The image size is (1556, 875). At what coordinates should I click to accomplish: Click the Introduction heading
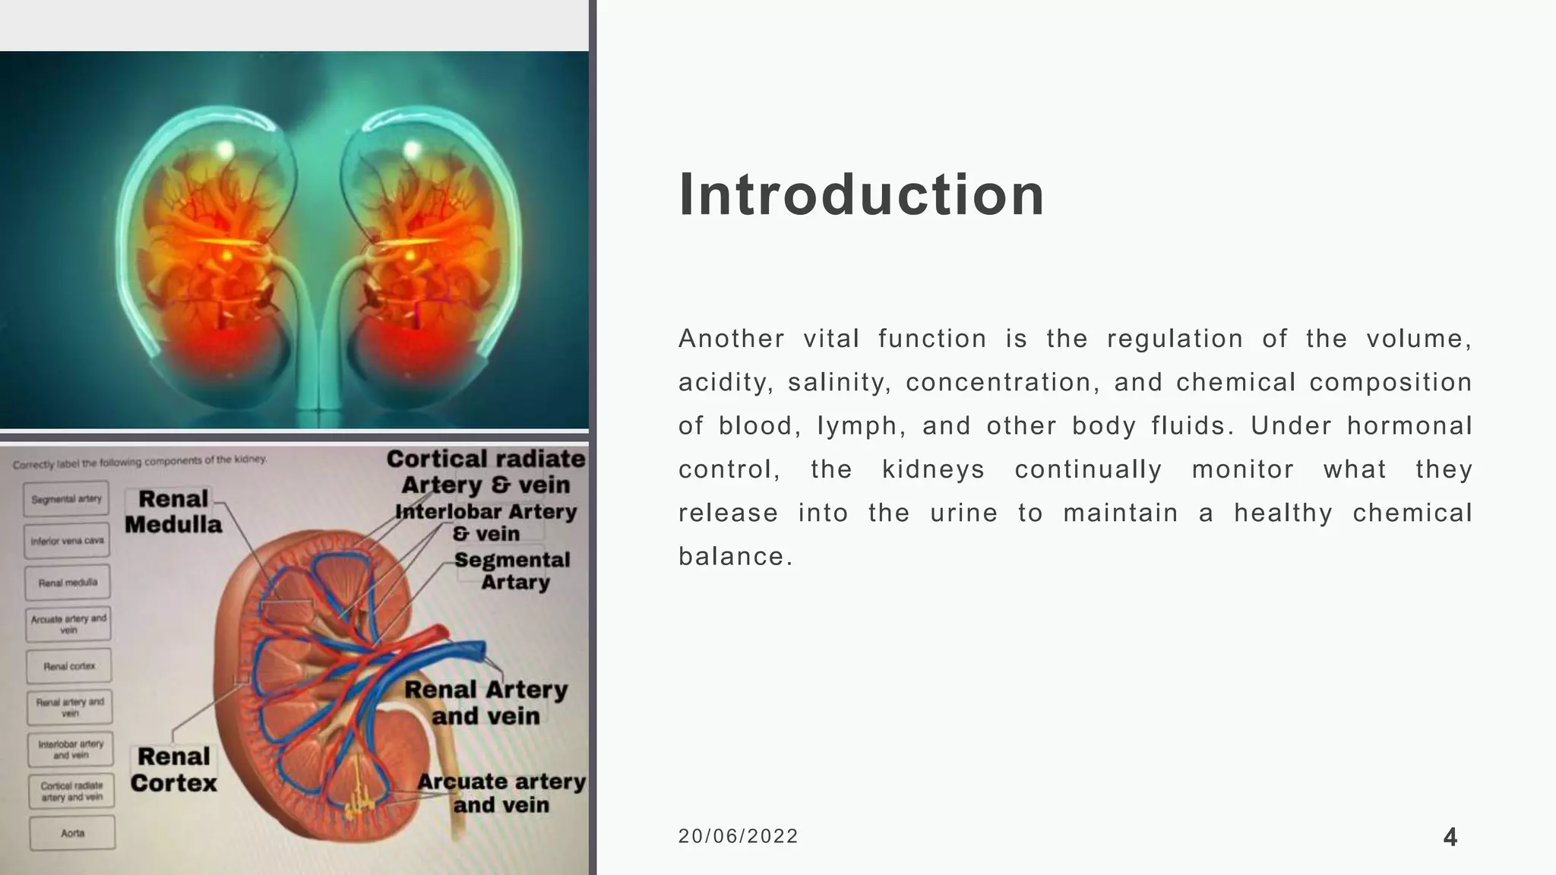coord(861,194)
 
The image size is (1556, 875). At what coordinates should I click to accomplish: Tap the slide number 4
coord(1450,838)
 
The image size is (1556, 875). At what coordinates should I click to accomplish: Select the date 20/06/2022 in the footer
coord(738,836)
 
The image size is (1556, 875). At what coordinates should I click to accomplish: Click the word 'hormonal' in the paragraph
coord(1409,425)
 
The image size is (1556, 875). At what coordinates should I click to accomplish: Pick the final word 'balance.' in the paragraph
coord(735,557)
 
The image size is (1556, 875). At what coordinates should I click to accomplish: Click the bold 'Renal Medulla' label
coord(173,511)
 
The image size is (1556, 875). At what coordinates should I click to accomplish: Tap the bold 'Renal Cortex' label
coord(173,769)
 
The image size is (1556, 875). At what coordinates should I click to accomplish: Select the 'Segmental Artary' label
coord(513,570)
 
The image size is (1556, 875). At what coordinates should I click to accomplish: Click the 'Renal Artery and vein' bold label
coord(486,702)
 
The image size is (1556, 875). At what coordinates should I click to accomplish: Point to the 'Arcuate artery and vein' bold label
coord(501,792)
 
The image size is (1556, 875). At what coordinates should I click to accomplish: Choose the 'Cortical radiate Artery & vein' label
coord(486,471)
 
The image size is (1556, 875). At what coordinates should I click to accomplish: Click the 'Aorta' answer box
coord(73,833)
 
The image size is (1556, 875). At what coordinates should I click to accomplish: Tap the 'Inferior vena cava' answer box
coord(67,541)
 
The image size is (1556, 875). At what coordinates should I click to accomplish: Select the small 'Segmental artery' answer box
coord(66,499)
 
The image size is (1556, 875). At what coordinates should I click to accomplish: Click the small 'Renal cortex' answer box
coord(69,666)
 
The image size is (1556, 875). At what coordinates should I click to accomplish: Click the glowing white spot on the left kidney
coord(225,150)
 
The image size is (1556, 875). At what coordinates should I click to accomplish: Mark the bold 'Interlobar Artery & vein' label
coord(486,523)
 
